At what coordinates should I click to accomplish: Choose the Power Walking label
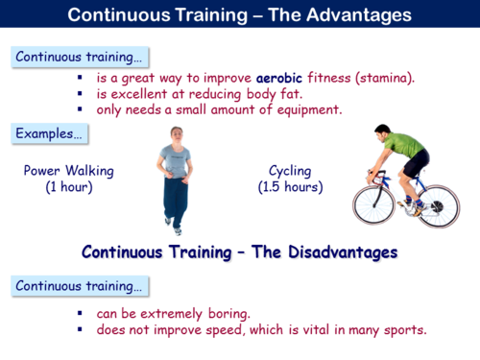click(x=69, y=171)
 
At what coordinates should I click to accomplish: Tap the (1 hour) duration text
click(x=69, y=186)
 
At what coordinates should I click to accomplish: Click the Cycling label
click(x=290, y=171)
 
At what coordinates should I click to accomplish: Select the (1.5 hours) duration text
click(x=290, y=186)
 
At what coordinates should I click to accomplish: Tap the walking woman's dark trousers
click(x=175, y=199)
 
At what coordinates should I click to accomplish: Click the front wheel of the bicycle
click(x=374, y=204)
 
